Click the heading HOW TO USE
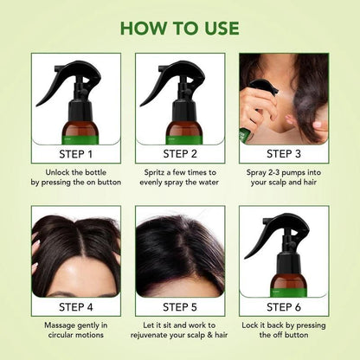tap(179, 28)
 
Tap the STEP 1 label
tap(76, 154)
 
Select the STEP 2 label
tap(180, 154)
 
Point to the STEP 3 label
tap(284, 154)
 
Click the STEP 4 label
tap(76, 307)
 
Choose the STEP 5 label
tap(180, 307)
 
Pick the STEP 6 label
tap(284, 307)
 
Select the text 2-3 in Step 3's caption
tap(273, 172)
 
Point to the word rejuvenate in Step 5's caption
tap(147, 336)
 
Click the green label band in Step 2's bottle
tap(180, 139)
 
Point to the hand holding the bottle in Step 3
tap(253, 111)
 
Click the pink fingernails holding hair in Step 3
tap(318, 125)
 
